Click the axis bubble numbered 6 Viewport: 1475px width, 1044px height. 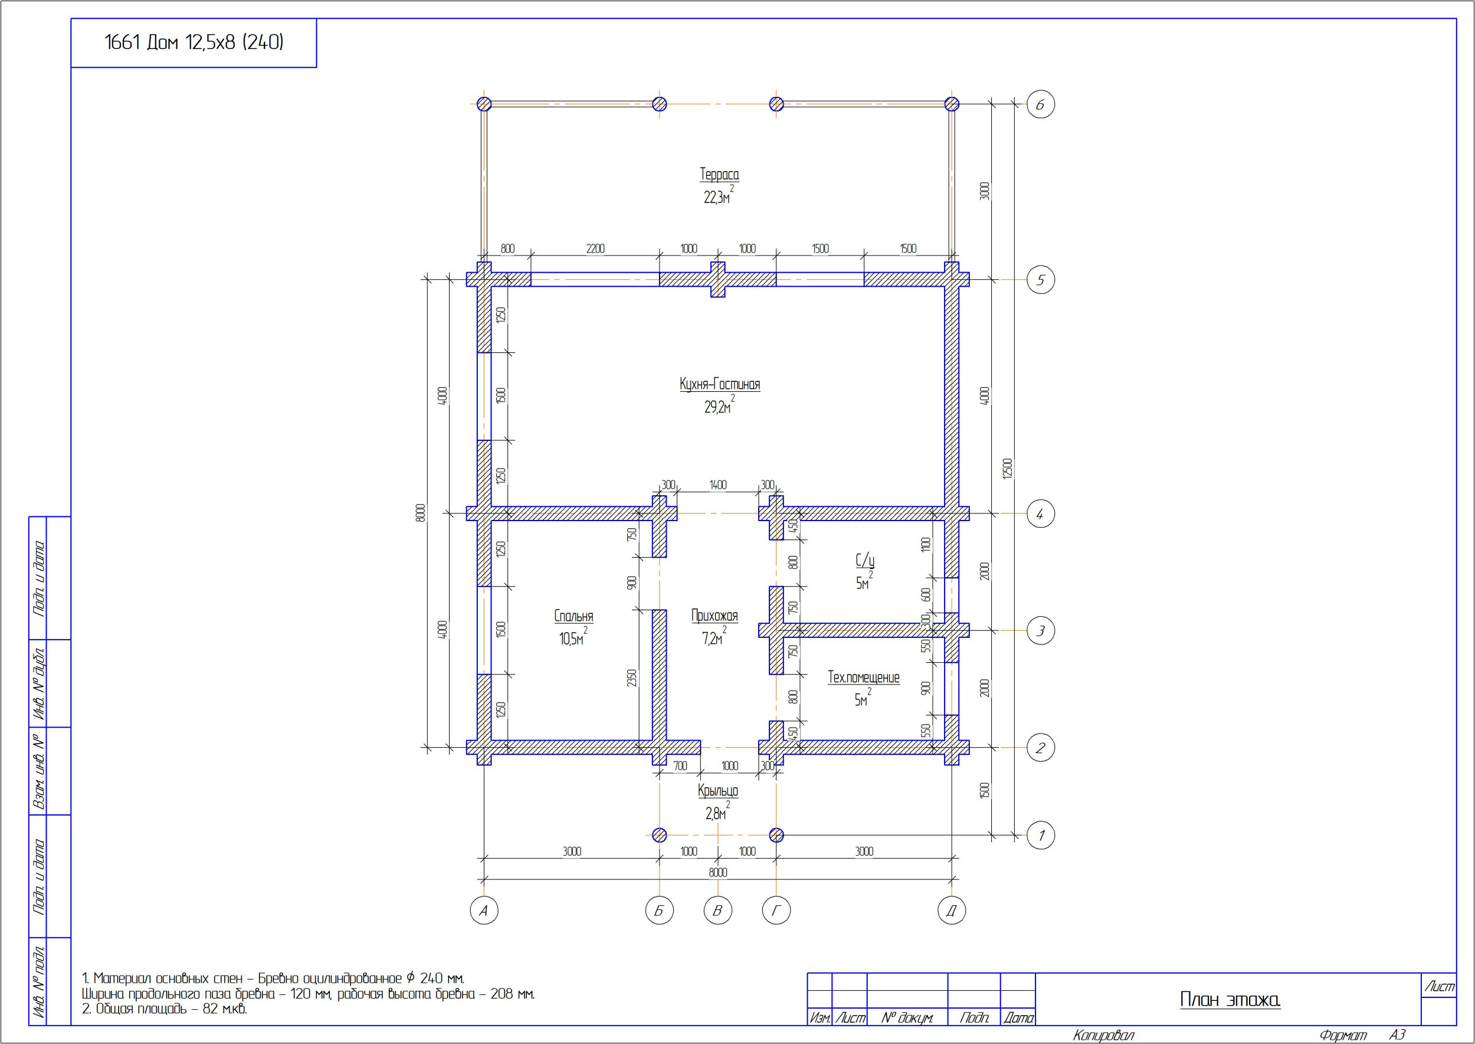(1041, 104)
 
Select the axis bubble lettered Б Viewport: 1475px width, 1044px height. (660, 910)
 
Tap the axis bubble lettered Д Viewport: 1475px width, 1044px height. (951, 910)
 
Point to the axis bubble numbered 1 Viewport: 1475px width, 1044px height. (1041, 835)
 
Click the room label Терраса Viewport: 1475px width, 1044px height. (719, 174)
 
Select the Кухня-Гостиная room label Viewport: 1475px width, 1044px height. (720, 384)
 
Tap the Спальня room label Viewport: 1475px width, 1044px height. (574, 617)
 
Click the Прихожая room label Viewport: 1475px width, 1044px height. (714, 616)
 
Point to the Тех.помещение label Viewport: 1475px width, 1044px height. (863, 678)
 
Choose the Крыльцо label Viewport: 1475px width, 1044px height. (718, 791)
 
